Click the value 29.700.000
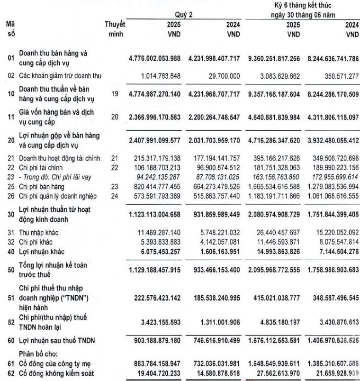(x=225, y=76)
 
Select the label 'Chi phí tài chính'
(x=42, y=167)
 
